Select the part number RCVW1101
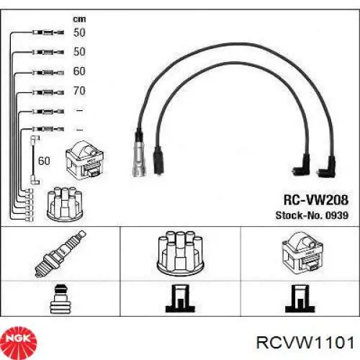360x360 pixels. tap(305, 343)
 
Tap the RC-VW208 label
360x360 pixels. tap(316, 199)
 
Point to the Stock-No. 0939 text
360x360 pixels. tap(312, 215)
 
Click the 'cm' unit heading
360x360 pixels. tap(79, 19)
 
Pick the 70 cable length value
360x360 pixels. tap(79, 91)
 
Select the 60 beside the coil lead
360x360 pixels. tap(44, 161)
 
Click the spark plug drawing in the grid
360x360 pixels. tap(60, 253)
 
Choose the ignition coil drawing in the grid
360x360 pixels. tap(302, 253)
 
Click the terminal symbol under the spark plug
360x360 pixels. tap(60, 299)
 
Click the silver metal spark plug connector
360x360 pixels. tap(139, 158)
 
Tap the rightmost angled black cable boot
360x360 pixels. tap(326, 167)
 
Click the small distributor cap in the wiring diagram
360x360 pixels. tap(65, 204)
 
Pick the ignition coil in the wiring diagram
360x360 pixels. tap(84, 160)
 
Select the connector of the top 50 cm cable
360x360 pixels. tap(48, 32)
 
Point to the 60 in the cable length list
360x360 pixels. tap(79, 71)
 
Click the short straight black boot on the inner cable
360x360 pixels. tap(158, 161)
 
